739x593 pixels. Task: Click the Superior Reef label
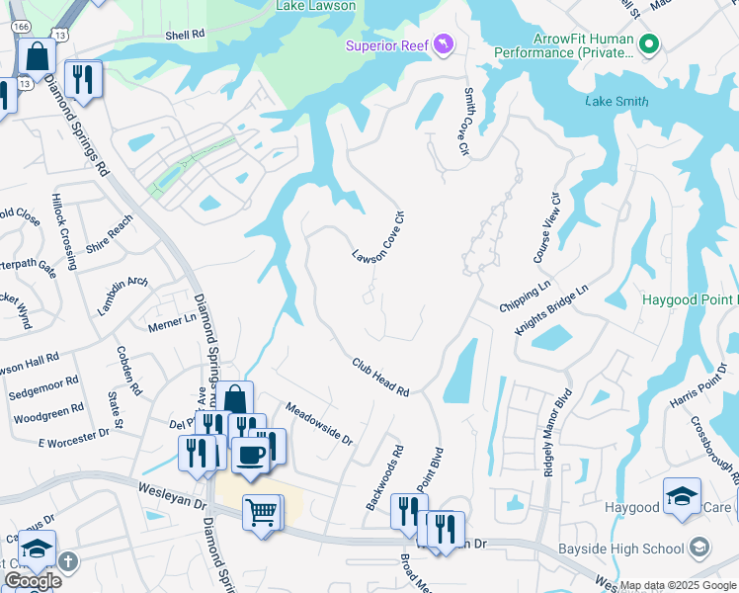point(388,45)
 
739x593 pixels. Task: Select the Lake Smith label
point(616,101)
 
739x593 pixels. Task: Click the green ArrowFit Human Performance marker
point(649,44)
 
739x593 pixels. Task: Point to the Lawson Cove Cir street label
point(379,237)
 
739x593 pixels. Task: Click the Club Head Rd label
point(380,378)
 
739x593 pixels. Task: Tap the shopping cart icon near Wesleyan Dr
point(262,512)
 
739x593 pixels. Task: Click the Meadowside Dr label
point(319,423)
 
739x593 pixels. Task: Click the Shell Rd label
point(185,34)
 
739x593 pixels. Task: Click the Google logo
point(33,581)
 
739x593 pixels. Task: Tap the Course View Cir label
point(547,227)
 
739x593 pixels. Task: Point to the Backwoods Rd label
point(385,477)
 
